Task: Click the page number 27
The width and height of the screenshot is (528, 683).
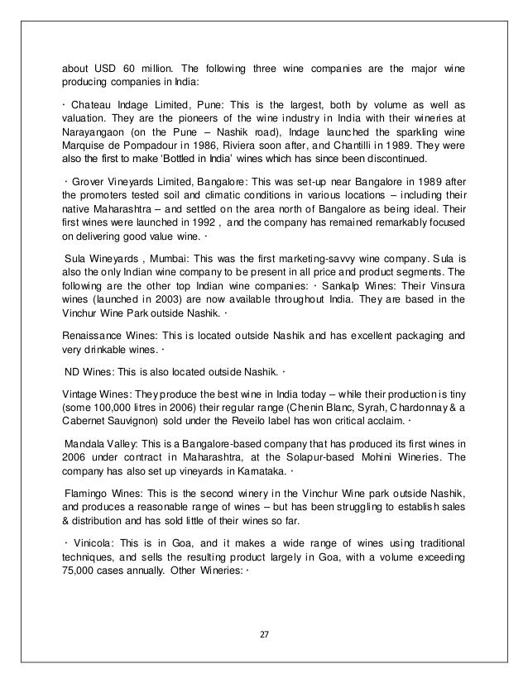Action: click(x=264, y=636)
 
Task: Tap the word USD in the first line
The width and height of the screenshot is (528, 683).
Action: click(x=112, y=65)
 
